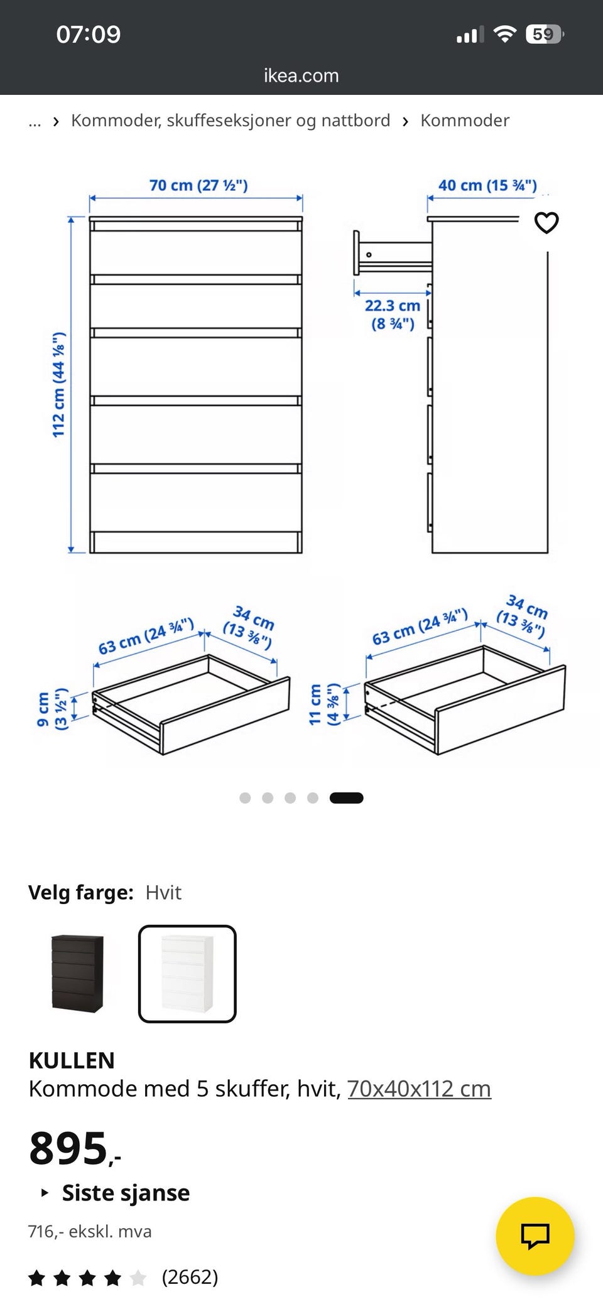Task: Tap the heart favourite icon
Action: (x=546, y=222)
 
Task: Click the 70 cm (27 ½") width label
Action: (x=198, y=185)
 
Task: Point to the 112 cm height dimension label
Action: (x=58, y=385)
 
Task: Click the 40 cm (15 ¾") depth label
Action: (x=487, y=185)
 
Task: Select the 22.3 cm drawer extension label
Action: (x=393, y=315)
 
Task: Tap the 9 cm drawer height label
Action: (x=52, y=709)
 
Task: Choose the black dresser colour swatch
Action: (x=77, y=973)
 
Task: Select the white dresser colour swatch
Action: (x=187, y=974)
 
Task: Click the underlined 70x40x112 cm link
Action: (x=419, y=1088)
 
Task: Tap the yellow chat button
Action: (x=535, y=1236)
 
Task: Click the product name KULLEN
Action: (x=72, y=1060)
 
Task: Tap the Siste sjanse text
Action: (x=126, y=1192)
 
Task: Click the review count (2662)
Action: (x=190, y=1277)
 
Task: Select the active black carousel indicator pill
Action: (x=346, y=798)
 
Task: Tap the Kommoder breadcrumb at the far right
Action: (x=465, y=120)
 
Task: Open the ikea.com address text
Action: (x=301, y=75)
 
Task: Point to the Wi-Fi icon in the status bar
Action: (x=504, y=34)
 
